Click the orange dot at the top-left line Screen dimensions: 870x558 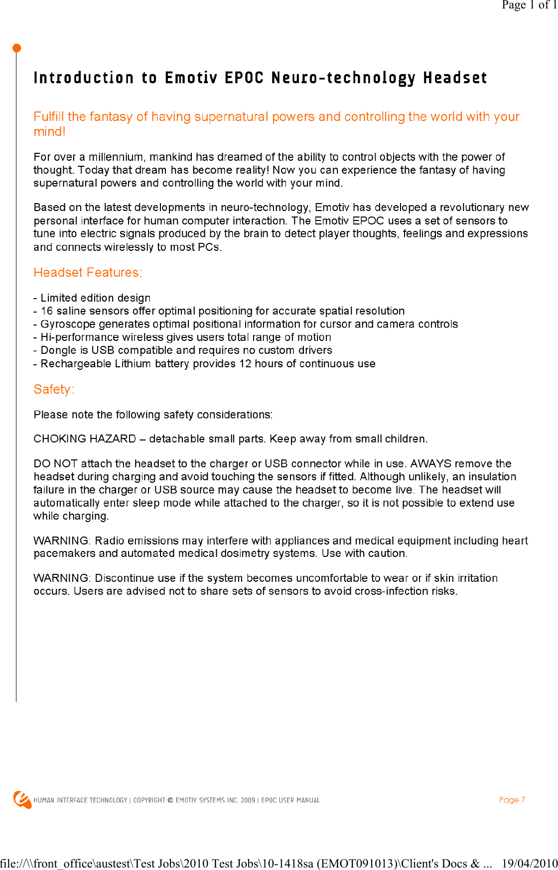16,48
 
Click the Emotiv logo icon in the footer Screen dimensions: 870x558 22,799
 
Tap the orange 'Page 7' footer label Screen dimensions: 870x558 512,800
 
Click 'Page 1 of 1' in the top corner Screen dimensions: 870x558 529,5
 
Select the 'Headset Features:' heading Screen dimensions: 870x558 88,273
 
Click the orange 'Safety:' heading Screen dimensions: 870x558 54,389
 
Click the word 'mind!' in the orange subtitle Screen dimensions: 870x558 49,132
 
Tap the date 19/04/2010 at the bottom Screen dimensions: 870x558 529,863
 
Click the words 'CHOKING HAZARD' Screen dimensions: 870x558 85,439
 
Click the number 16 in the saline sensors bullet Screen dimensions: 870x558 47,311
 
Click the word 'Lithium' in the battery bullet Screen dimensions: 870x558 133,364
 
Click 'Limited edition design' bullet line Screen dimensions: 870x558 95,298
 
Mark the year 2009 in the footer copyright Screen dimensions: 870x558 248,800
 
